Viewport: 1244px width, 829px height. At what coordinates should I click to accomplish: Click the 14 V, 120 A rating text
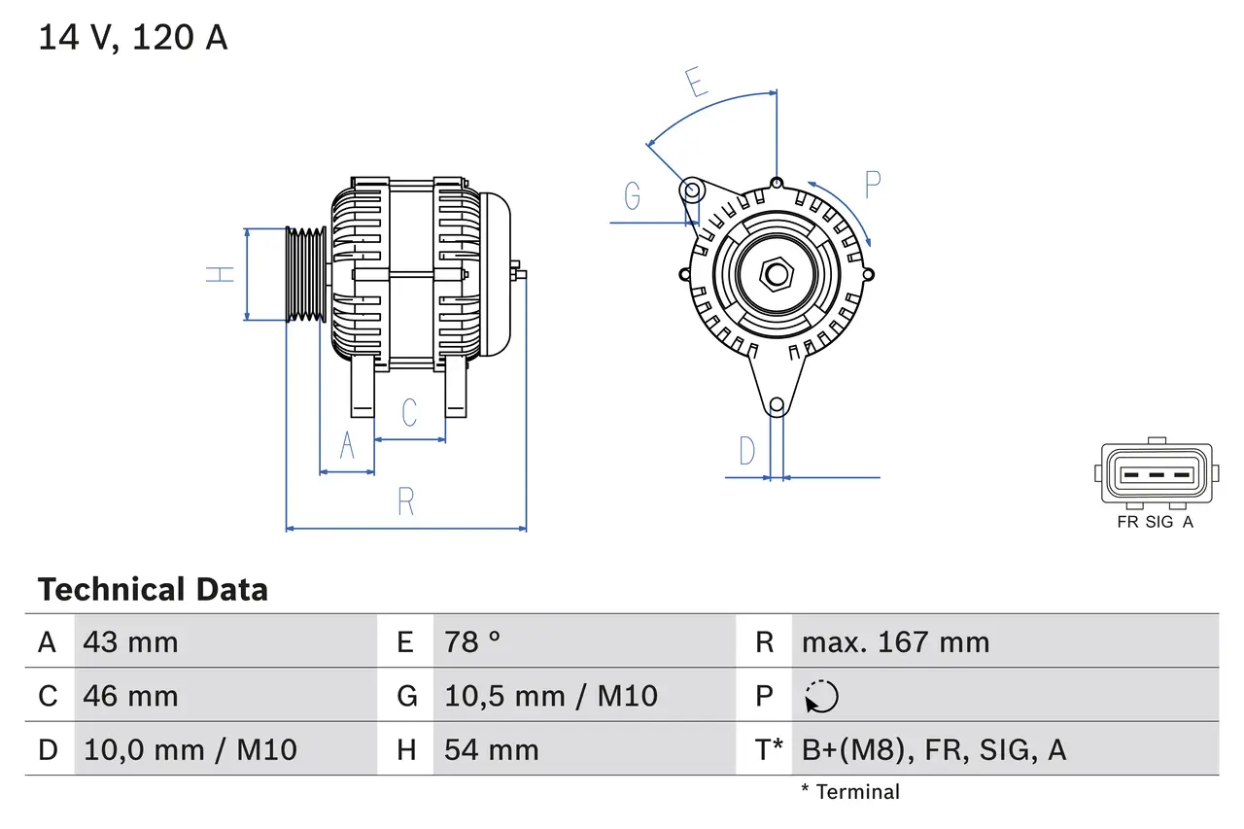132,38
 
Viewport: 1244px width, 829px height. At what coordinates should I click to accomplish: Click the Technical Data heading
153,589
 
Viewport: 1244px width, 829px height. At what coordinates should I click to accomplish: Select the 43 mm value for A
131,641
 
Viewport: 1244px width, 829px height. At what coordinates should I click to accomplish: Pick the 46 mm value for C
131,696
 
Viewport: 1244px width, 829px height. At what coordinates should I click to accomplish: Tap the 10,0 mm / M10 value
190,749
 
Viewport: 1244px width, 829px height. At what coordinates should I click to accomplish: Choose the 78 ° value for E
472,641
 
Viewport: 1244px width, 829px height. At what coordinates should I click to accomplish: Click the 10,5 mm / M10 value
551,696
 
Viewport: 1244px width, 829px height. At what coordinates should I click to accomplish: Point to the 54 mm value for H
491,749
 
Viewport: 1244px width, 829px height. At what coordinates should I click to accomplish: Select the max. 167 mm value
895,641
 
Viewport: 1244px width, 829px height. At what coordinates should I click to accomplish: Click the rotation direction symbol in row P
821,696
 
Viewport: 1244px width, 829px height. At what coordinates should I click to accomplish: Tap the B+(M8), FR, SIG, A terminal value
934,749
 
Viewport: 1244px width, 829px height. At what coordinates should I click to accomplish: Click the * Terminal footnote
850,791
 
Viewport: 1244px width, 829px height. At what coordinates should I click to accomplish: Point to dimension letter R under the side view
406,501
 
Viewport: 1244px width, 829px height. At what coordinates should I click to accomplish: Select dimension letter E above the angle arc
697,83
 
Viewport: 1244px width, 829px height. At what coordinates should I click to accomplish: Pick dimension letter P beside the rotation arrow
872,184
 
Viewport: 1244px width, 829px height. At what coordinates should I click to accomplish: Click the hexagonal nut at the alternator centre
775,274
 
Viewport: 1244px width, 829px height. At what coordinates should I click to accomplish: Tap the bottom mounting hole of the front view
776,405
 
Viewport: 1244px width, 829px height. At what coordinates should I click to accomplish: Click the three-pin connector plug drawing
1156,474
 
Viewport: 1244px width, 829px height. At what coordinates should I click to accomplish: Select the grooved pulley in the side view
306,274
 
